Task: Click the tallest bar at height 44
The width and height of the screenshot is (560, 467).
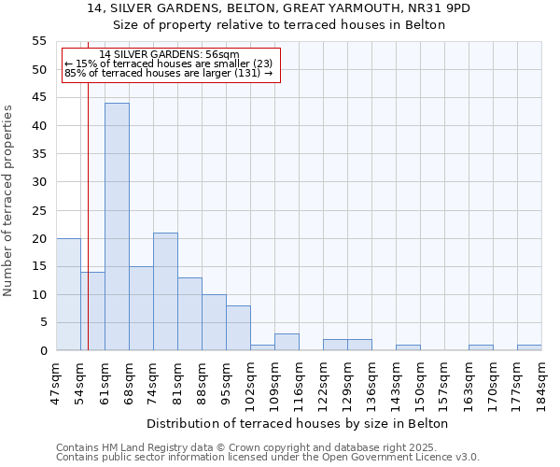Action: coord(117,227)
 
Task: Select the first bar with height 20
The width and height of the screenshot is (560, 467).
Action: coord(68,294)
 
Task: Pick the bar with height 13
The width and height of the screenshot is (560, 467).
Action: coord(189,314)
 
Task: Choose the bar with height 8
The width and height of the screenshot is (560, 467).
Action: coord(238,328)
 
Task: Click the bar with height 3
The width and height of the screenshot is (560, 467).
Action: coord(287,342)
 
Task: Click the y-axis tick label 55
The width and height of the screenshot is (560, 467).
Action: coord(39,41)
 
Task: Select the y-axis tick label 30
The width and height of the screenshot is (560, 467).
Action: coord(39,182)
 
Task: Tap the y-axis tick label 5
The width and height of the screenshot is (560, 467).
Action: coord(43,323)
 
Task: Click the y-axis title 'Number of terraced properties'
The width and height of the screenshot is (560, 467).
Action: coord(8,200)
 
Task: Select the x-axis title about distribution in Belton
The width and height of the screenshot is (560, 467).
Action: coord(298,423)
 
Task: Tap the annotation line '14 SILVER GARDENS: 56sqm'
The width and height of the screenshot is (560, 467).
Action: coord(169,55)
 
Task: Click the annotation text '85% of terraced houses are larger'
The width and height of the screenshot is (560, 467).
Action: coord(168,73)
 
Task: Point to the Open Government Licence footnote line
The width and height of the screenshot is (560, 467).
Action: coord(268,457)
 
